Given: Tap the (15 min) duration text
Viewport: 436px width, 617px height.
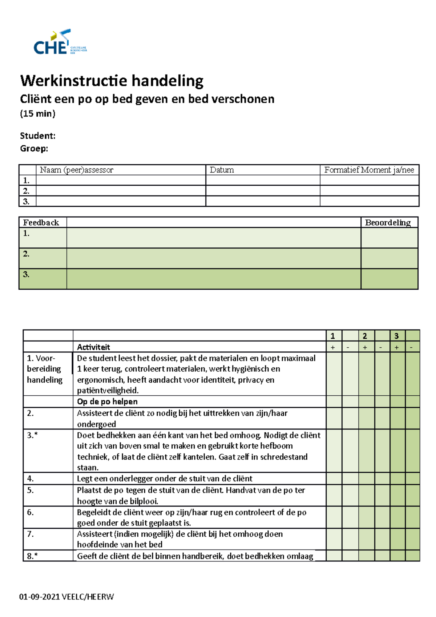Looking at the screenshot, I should [37, 114].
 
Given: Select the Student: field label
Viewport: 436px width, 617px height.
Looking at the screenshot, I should [37, 136].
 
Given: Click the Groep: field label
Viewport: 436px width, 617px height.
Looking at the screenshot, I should [34, 149].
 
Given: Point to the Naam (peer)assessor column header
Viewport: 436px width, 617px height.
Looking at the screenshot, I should [77, 170].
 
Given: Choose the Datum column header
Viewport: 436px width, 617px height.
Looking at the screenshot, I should [222, 170].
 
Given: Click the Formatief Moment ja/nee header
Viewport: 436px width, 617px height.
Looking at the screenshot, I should [369, 170].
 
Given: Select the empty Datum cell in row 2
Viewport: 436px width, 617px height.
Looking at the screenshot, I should [262, 191].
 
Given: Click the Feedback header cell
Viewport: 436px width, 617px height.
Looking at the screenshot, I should [41, 223].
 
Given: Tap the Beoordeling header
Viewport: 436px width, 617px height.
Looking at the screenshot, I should [388, 223].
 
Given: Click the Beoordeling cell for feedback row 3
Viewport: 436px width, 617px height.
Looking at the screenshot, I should [389, 279].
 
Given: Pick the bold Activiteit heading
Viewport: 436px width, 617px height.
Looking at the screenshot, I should [93, 347].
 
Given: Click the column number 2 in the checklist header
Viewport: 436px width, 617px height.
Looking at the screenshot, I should [365, 336].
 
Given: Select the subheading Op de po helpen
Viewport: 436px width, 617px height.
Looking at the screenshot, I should [107, 402].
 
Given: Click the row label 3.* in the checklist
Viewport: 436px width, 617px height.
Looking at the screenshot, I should [32, 435].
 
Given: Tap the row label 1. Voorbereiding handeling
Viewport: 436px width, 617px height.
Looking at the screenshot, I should [45, 369].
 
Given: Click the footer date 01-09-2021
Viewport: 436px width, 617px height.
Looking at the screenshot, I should [39, 597].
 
